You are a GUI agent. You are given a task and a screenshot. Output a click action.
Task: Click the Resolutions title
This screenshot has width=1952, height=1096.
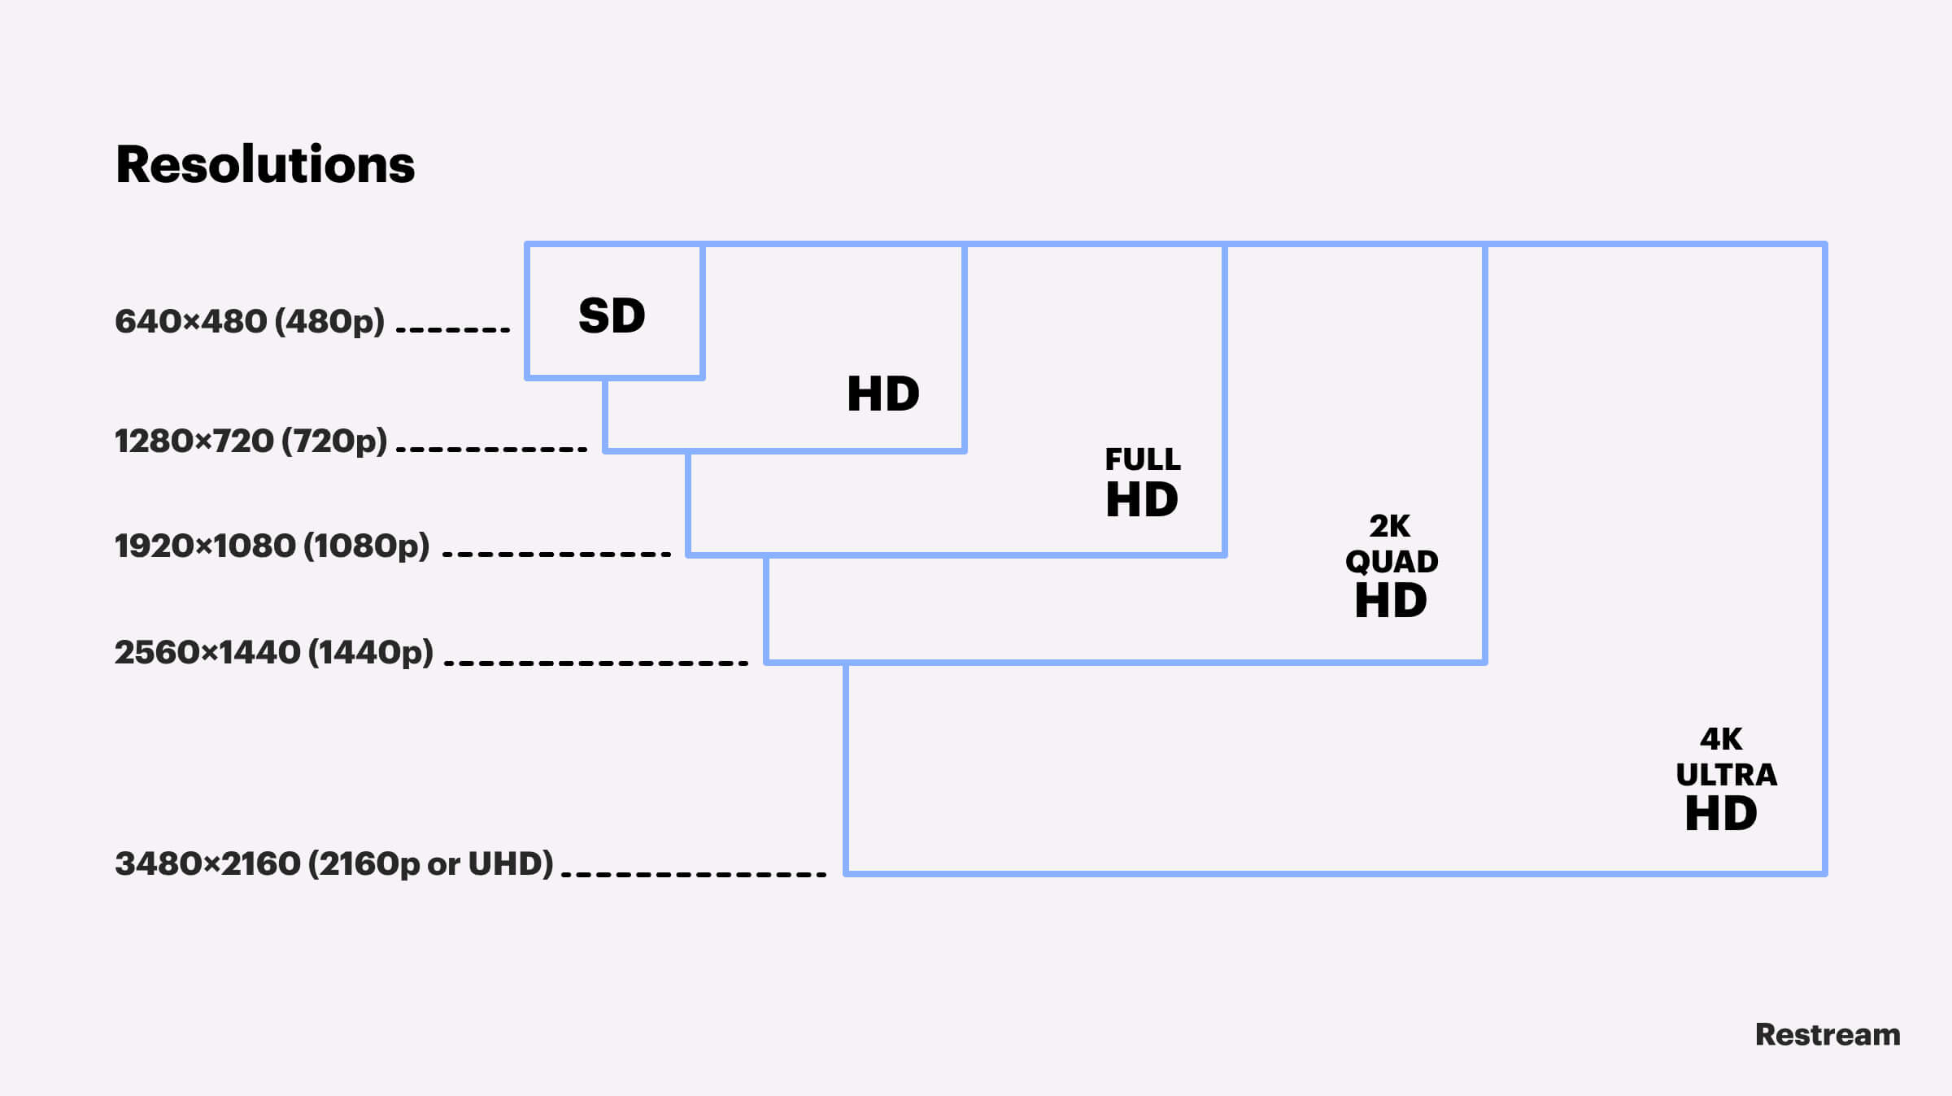265,165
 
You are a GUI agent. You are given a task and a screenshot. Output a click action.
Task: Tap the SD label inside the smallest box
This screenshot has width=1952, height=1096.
612,315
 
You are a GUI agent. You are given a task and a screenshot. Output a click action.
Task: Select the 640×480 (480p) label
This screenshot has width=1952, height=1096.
249,322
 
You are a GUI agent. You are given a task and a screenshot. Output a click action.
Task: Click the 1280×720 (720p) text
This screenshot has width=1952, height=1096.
251,441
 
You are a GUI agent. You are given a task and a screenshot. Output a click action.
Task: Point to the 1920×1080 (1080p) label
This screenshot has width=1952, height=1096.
272,546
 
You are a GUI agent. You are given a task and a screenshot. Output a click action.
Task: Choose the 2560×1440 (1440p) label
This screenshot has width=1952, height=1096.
273,653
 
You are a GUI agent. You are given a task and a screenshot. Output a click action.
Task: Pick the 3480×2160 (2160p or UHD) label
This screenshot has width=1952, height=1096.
333,863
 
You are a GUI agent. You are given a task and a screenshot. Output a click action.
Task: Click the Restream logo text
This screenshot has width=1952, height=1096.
1828,1035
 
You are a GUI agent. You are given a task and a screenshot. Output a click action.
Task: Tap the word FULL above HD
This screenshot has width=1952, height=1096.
1142,460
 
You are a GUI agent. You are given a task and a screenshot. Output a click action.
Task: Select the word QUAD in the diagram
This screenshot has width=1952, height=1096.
1391,562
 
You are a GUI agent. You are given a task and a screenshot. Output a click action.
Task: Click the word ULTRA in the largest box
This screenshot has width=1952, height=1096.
1726,775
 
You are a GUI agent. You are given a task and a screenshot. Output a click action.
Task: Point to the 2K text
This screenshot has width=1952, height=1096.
1389,527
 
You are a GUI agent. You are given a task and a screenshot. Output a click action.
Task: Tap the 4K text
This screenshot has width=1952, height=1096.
1721,739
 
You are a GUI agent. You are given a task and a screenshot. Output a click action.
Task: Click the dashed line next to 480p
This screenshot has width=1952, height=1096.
453,330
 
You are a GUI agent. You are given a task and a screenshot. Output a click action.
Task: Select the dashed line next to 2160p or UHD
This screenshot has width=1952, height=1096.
694,875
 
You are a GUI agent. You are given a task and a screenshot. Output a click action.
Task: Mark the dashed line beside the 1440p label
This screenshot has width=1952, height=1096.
596,663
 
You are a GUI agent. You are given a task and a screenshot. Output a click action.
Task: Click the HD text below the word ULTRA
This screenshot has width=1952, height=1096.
1721,814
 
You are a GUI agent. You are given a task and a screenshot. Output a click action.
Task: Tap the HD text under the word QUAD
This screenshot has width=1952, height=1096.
1391,601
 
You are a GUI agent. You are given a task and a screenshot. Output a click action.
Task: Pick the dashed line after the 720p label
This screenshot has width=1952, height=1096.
491,449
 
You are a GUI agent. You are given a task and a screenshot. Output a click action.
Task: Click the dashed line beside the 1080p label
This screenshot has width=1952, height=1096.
556,555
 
